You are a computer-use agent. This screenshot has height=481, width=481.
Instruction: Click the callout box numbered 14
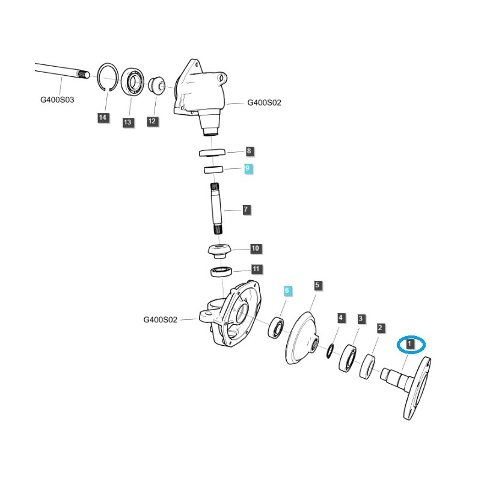[x=103, y=117]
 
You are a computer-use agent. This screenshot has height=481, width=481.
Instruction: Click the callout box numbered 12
[x=152, y=121]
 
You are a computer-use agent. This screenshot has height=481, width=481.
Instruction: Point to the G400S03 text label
[x=57, y=100]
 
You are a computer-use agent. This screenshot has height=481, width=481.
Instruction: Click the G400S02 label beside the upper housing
[x=264, y=103]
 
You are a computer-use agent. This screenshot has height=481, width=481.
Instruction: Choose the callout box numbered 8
[x=250, y=151]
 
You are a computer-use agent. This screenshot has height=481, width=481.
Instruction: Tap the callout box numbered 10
[x=255, y=248]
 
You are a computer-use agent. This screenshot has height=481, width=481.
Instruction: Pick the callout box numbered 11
[x=256, y=269]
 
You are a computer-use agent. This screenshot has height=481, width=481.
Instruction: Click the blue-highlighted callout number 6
[x=287, y=290]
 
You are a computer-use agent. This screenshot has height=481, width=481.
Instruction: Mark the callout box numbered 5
[x=318, y=284]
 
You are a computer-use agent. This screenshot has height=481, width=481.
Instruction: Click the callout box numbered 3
[x=361, y=318]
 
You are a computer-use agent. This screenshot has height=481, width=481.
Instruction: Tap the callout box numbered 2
[x=381, y=328]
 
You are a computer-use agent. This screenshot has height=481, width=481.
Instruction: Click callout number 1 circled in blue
[x=410, y=344]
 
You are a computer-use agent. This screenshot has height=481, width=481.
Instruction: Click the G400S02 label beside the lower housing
[x=160, y=320]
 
